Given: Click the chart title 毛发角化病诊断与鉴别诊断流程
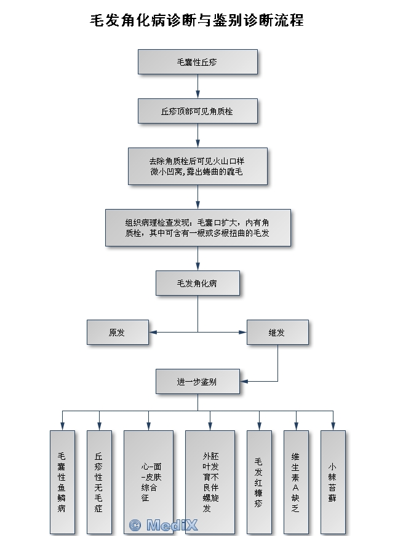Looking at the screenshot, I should (197, 20).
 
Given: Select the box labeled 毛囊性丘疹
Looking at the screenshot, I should (197, 62).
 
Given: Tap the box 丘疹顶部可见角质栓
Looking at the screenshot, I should (197, 111).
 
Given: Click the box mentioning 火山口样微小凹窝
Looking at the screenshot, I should (197, 166).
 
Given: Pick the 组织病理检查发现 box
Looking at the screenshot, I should (197, 227).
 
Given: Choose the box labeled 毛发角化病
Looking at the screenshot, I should (197, 283).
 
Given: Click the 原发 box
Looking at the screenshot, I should (118, 333).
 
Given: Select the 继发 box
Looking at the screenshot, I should (277, 333).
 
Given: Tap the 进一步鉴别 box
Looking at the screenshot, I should (197, 381).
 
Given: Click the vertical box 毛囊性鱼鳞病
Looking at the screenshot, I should (62, 482).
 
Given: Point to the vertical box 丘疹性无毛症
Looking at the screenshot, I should (99, 482).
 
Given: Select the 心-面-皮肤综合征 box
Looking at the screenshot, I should (148, 482).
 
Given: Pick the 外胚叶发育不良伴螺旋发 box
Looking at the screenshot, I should (210, 482).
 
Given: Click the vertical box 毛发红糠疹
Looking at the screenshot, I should (259, 482).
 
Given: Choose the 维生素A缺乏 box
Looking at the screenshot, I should (296, 482).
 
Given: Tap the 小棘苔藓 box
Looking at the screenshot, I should (333, 482).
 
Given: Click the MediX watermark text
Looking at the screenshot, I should (163, 525).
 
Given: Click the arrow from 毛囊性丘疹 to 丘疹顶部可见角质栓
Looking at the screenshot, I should (197, 87).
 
